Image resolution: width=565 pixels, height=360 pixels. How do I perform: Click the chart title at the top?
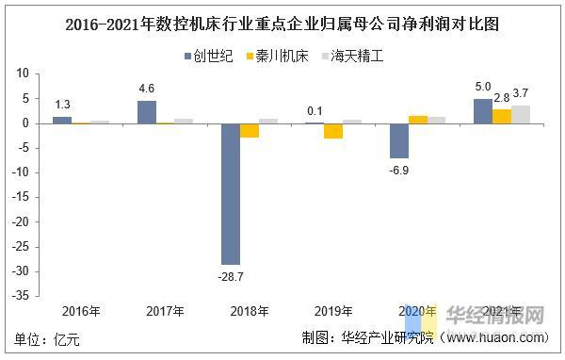point(282,25)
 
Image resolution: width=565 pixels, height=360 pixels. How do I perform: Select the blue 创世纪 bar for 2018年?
point(230,193)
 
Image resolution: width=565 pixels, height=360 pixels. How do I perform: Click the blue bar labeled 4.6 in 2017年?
point(146,111)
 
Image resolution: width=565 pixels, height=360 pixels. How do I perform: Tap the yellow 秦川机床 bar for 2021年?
point(502,116)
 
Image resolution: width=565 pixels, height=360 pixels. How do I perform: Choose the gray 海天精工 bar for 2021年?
point(521,114)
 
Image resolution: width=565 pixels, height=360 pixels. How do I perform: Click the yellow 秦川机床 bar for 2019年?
point(333,130)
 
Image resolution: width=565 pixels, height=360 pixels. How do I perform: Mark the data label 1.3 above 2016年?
point(61,105)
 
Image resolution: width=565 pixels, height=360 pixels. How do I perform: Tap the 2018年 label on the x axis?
point(249,311)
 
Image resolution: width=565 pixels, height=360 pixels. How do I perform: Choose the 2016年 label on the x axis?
point(81,311)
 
